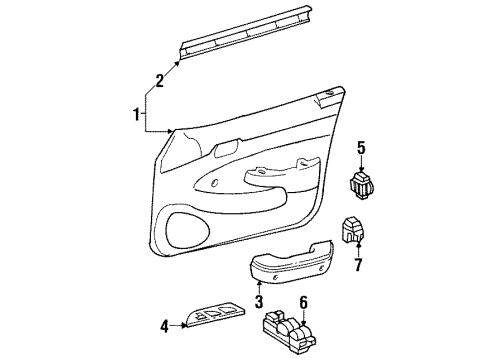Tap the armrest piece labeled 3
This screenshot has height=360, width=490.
tap(292, 265)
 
